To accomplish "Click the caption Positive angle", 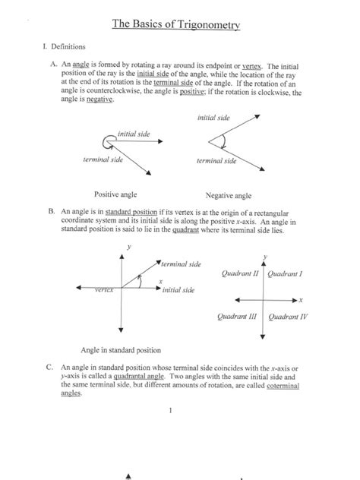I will click(x=115, y=194).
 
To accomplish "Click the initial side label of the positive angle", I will click(x=133, y=134).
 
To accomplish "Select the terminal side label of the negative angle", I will click(x=216, y=161).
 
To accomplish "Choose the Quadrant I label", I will click(x=286, y=273).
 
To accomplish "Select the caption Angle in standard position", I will click(x=121, y=351).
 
